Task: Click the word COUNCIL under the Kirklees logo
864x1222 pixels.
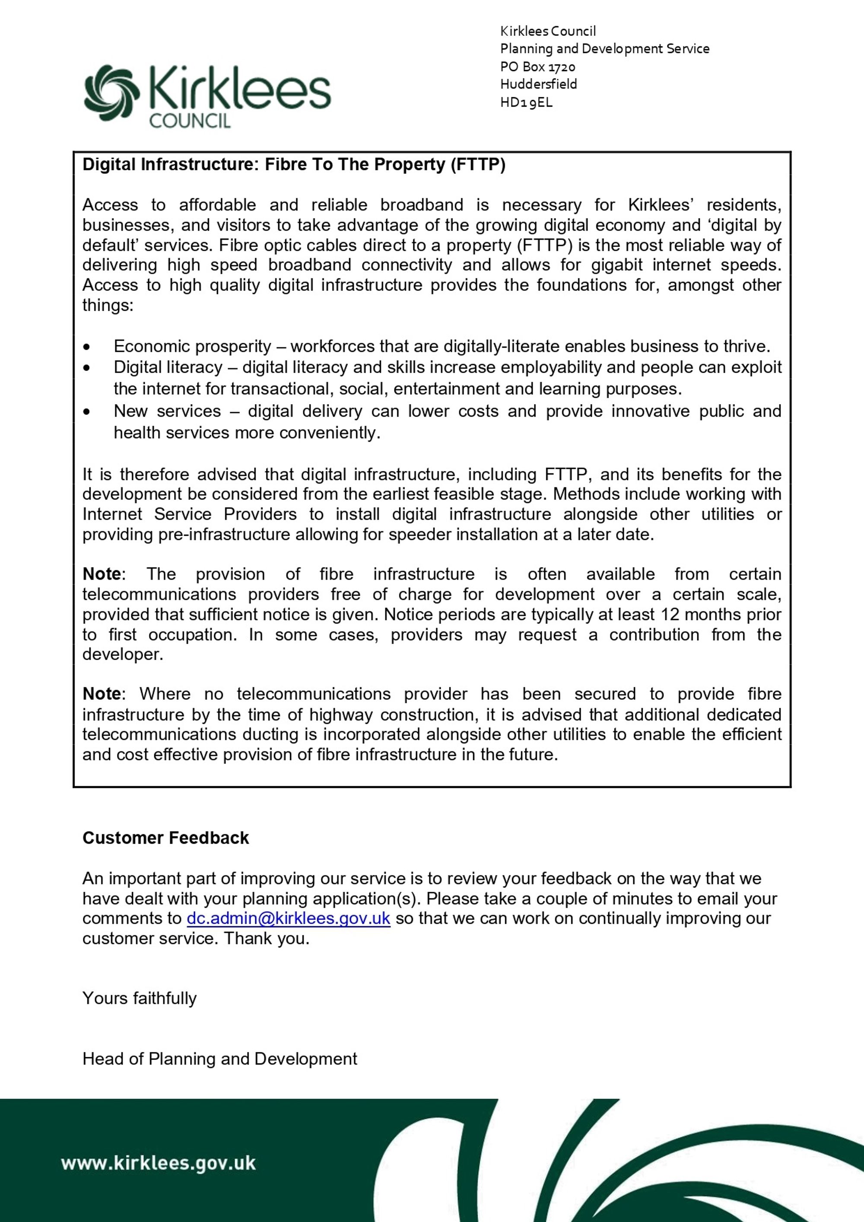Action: click(190, 121)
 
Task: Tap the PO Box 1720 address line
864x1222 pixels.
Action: click(537, 67)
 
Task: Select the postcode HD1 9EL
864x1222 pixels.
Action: click(526, 102)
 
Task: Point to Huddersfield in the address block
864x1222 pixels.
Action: click(538, 84)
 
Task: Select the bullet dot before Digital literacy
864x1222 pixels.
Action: click(87, 368)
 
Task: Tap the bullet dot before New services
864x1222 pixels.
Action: click(87, 412)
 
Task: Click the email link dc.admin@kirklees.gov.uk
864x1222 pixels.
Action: click(288, 918)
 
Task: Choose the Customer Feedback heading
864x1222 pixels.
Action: click(165, 838)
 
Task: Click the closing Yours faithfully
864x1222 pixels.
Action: click(140, 998)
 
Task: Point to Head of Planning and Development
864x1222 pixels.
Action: click(220, 1059)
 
